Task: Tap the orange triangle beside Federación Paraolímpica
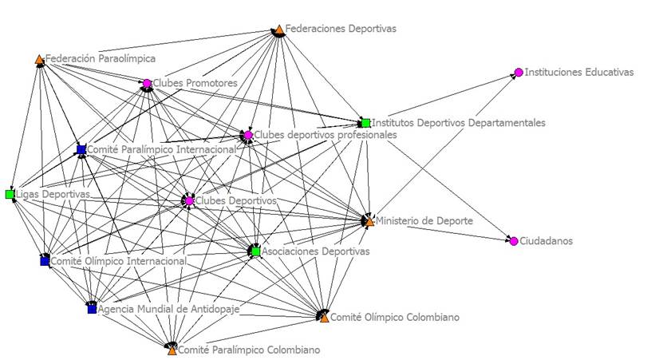[39, 59]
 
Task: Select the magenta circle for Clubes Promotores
[147, 83]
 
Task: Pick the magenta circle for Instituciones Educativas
[519, 73]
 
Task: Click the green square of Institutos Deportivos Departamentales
[365, 123]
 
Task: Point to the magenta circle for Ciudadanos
[514, 241]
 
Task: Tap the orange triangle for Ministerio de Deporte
[369, 220]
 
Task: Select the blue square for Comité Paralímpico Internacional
[81, 149]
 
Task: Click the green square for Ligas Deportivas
[10, 195]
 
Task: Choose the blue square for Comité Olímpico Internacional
[45, 261]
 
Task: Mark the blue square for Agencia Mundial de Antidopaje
[92, 308]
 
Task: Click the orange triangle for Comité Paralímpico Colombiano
[172, 349]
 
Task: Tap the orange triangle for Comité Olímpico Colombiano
[324, 317]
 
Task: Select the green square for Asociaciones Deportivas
[255, 251]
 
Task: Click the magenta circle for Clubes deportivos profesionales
[249, 136]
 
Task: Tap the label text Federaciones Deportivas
[341, 29]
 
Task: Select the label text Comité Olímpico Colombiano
[395, 317]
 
